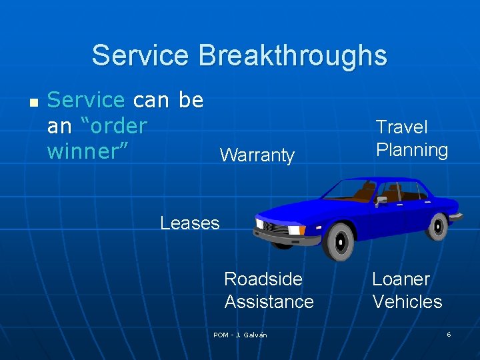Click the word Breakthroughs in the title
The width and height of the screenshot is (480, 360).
pyautogui.click(x=292, y=55)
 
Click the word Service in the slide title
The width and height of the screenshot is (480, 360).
pyautogui.click(x=141, y=55)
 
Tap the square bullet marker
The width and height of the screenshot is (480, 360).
pyautogui.click(x=34, y=102)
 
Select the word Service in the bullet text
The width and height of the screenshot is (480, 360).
pyautogui.click(x=86, y=100)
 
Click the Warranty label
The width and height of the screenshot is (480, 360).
pyautogui.click(x=257, y=155)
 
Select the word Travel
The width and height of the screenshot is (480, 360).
pyautogui.click(x=401, y=127)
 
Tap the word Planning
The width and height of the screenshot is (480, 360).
pyautogui.click(x=411, y=150)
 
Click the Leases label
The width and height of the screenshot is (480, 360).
pyautogui.click(x=189, y=223)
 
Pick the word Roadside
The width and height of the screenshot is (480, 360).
pyautogui.click(x=263, y=279)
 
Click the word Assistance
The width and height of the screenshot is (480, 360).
pyautogui.click(x=269, y=302)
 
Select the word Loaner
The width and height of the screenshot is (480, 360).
pyautogui.click(x=401, y=279)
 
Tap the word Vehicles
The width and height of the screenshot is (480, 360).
pyautogui.click(x=407, y=302)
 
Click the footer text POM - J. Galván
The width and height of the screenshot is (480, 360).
pyautogui.click(x=240, y=335)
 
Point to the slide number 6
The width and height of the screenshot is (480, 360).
pyautogui.click(x=449, y=334)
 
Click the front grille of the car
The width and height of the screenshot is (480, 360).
pyautogui.click(x=275, y=227)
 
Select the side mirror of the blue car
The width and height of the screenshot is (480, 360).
pyautogui.click(x=381, y=199)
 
